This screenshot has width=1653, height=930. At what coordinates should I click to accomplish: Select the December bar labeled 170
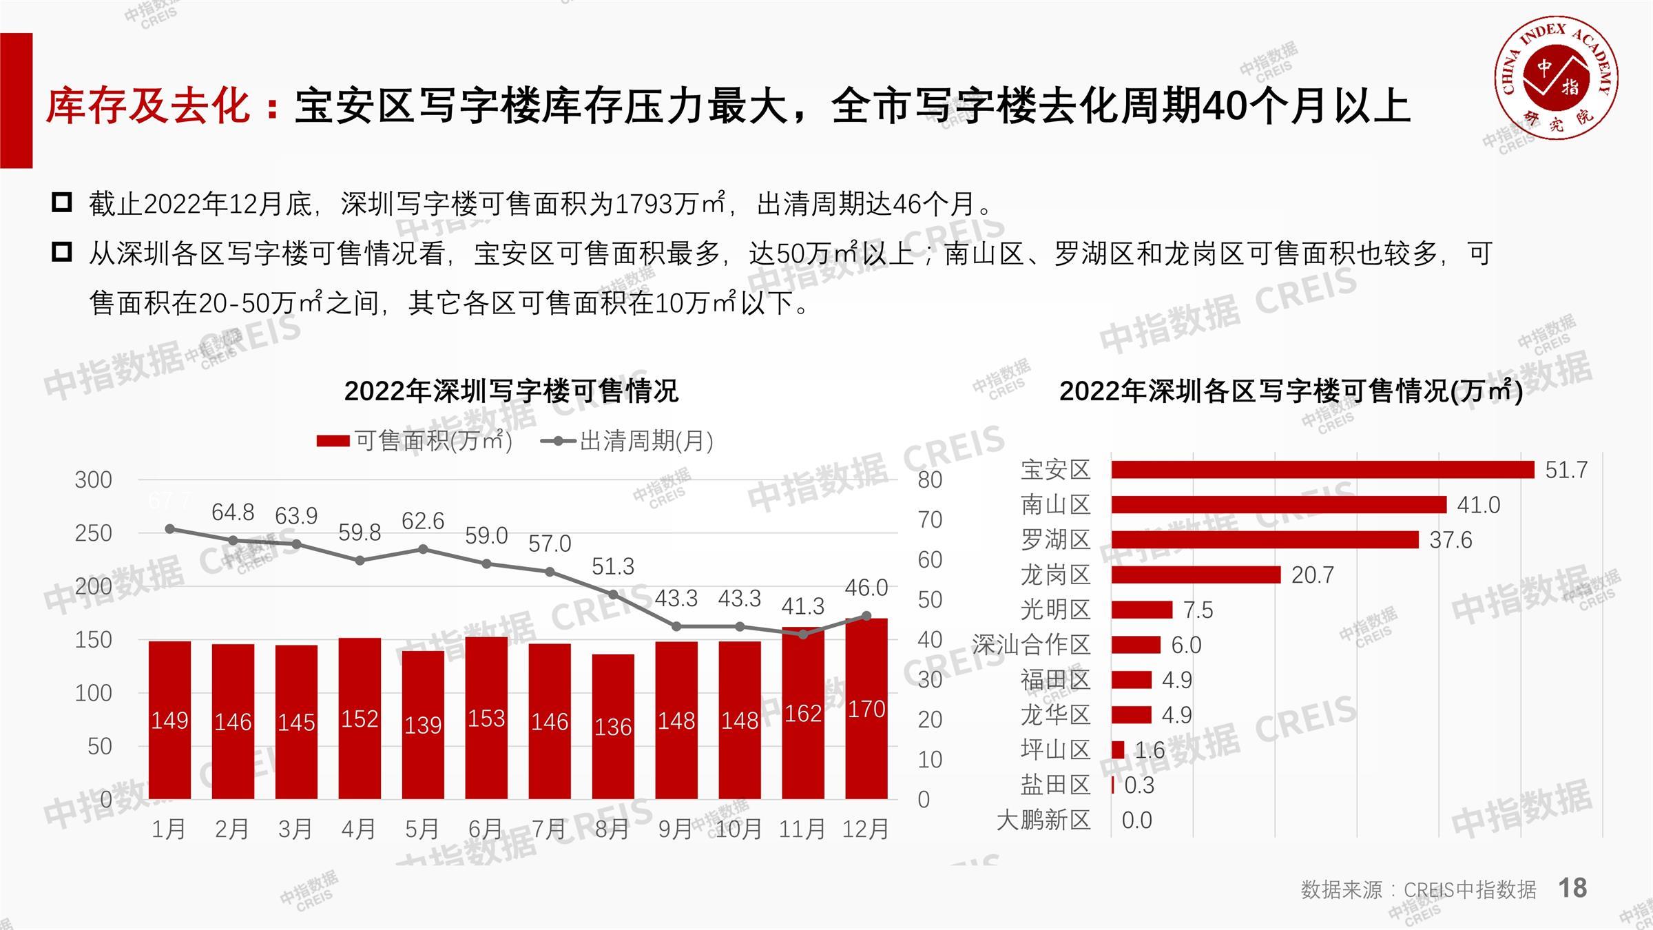[x=866, y=710]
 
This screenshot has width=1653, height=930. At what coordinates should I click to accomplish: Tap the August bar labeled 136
[x=613, y=727]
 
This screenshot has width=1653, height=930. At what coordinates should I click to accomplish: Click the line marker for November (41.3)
[x=803, y=634]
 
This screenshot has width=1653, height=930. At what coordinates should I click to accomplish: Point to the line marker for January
[x=170, y=529]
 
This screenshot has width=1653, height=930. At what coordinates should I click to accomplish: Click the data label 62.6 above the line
[x=423, y=521]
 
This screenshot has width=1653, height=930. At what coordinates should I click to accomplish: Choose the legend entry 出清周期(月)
[x=627, y=441]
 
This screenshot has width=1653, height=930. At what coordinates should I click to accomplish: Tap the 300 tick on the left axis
[x=93, y=479]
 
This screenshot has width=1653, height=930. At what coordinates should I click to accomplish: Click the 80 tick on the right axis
[x=930, y=479]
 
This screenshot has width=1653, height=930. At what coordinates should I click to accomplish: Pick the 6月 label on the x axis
[x=485, y=829]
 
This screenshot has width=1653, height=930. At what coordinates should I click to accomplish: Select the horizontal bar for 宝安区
[x=1322, y=470]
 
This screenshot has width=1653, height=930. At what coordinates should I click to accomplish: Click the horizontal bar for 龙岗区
[x=1196, y=575]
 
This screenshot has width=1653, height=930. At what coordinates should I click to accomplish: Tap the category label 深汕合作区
[x=1031, y=645]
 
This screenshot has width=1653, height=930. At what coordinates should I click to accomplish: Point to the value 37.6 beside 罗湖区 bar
[x=1451, y=540]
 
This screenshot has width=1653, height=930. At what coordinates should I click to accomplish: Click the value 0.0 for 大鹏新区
[x=1136, y=820]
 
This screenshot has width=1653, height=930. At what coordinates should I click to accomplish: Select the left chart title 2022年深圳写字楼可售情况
[x=511, y=391]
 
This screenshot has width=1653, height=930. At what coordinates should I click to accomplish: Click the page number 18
[x=1572, y=888]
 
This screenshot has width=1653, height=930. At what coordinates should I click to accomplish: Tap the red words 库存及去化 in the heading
[x=147, y=107]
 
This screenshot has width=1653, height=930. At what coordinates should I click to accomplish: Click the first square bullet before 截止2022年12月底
[x=62, y=203]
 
